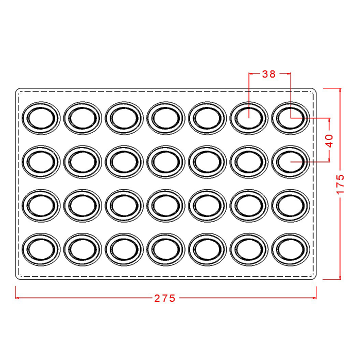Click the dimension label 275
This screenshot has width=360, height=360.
coord(164,298)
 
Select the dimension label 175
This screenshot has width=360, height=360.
coord(340,183)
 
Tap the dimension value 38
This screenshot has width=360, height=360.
coord(268,74)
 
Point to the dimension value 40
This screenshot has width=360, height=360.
coord(329,140)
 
